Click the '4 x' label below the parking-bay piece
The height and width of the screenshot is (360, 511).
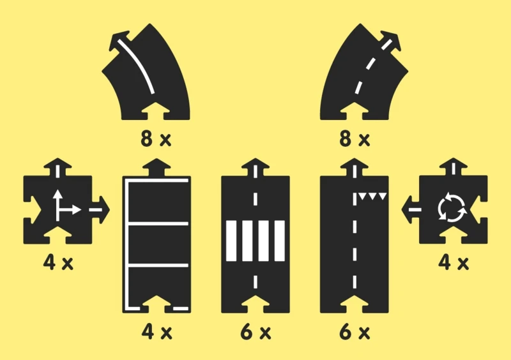[x=156, y=332]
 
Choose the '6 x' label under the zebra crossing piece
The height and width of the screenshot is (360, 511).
[x=256, y=332]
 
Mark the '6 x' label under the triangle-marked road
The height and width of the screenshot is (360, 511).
[x=355, y=332]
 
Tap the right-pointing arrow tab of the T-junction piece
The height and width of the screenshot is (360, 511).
[x=102, y=209]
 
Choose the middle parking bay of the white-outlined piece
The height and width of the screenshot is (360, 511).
[x=156, y=243]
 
